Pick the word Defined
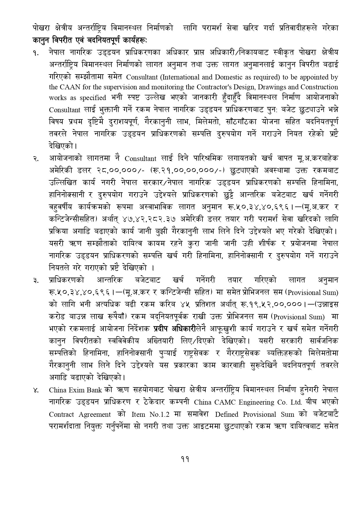[227, 415]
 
